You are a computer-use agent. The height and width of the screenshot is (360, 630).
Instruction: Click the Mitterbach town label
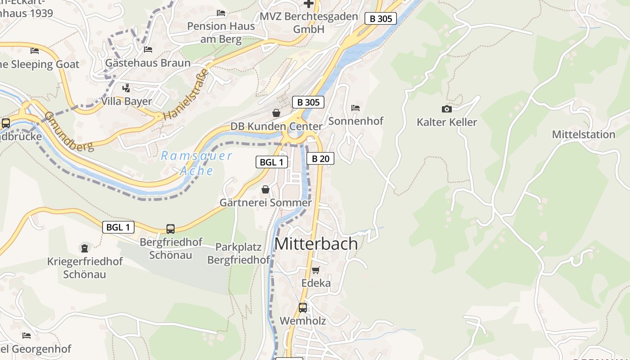[x=316, y=243]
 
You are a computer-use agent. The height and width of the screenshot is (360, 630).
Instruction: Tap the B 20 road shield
[x=320, y=158]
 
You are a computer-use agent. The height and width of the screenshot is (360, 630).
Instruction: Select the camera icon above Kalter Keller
[x=446, y=109]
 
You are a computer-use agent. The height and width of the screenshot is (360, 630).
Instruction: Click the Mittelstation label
[x=583, y=135]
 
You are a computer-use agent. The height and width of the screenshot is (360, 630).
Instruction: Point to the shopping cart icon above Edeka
[x=316, y=270]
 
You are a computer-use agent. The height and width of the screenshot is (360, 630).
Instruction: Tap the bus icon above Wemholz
[x=303, y=308]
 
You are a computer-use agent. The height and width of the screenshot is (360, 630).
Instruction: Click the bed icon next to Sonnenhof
[x=355, y=108]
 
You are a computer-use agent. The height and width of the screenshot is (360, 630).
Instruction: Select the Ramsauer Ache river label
[x=197, y=163]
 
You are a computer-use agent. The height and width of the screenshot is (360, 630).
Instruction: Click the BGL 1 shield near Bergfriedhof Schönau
[x=118, y=227]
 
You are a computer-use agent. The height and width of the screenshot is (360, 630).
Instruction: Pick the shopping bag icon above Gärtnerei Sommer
[x=265, y=189]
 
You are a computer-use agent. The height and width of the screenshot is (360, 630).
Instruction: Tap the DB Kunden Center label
[x=276, y=126]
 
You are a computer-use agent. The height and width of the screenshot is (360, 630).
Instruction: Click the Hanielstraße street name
[x=186, y=94]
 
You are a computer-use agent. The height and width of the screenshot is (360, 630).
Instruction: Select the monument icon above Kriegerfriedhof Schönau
[x=84, y=248]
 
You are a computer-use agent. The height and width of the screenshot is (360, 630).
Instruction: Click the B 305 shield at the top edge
[x=381, y=18]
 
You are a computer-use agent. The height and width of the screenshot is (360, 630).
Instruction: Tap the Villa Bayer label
[x=126, y=101]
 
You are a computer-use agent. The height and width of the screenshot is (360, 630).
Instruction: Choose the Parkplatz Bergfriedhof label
[x=238, y=253]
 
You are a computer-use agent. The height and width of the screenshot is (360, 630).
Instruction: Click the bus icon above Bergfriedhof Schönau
[x=171, y=229]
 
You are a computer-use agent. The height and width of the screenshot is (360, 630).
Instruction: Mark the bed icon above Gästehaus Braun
[x=148, y=49]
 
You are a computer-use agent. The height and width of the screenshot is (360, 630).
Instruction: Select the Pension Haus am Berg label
[x=221, y=32]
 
